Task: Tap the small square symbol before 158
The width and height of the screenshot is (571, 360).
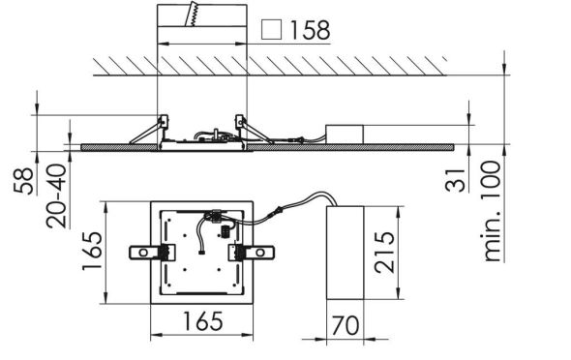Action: coord(272,31)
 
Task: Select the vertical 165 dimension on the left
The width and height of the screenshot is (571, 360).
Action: coord(89,252)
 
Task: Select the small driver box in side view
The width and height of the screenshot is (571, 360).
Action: coord(346,133)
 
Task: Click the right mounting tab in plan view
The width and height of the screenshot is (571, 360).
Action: coord(253,252)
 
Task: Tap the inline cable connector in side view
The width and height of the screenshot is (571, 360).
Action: coord(307,140)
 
